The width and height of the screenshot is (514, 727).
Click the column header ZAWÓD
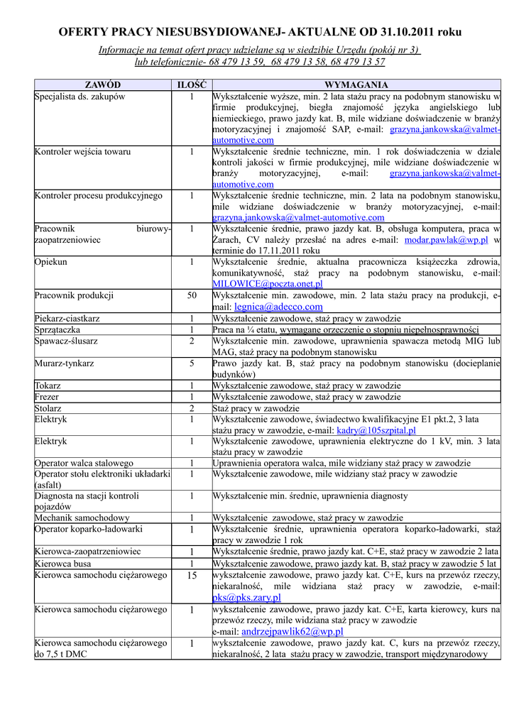[x=102, y=84]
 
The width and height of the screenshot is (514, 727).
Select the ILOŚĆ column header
[x=191, y=84]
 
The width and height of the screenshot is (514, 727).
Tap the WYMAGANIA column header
[x=356, y=84]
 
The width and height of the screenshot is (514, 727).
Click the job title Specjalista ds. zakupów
[x=80, y=96]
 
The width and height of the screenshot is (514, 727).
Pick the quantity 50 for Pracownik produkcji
[x=192, y=295]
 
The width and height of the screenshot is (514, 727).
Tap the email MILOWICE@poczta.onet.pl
[x=268, y=283]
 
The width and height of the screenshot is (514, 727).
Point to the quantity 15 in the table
[x=192, y=575]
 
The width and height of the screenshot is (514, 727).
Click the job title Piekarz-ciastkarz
[x=67, y=319]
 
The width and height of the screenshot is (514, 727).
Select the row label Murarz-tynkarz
[x=64, y=363]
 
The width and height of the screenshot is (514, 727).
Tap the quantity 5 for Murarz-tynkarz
[x=192, y=363]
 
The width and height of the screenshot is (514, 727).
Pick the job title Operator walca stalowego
[x=84, y=463]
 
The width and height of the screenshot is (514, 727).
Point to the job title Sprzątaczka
[x=58, y=329]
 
